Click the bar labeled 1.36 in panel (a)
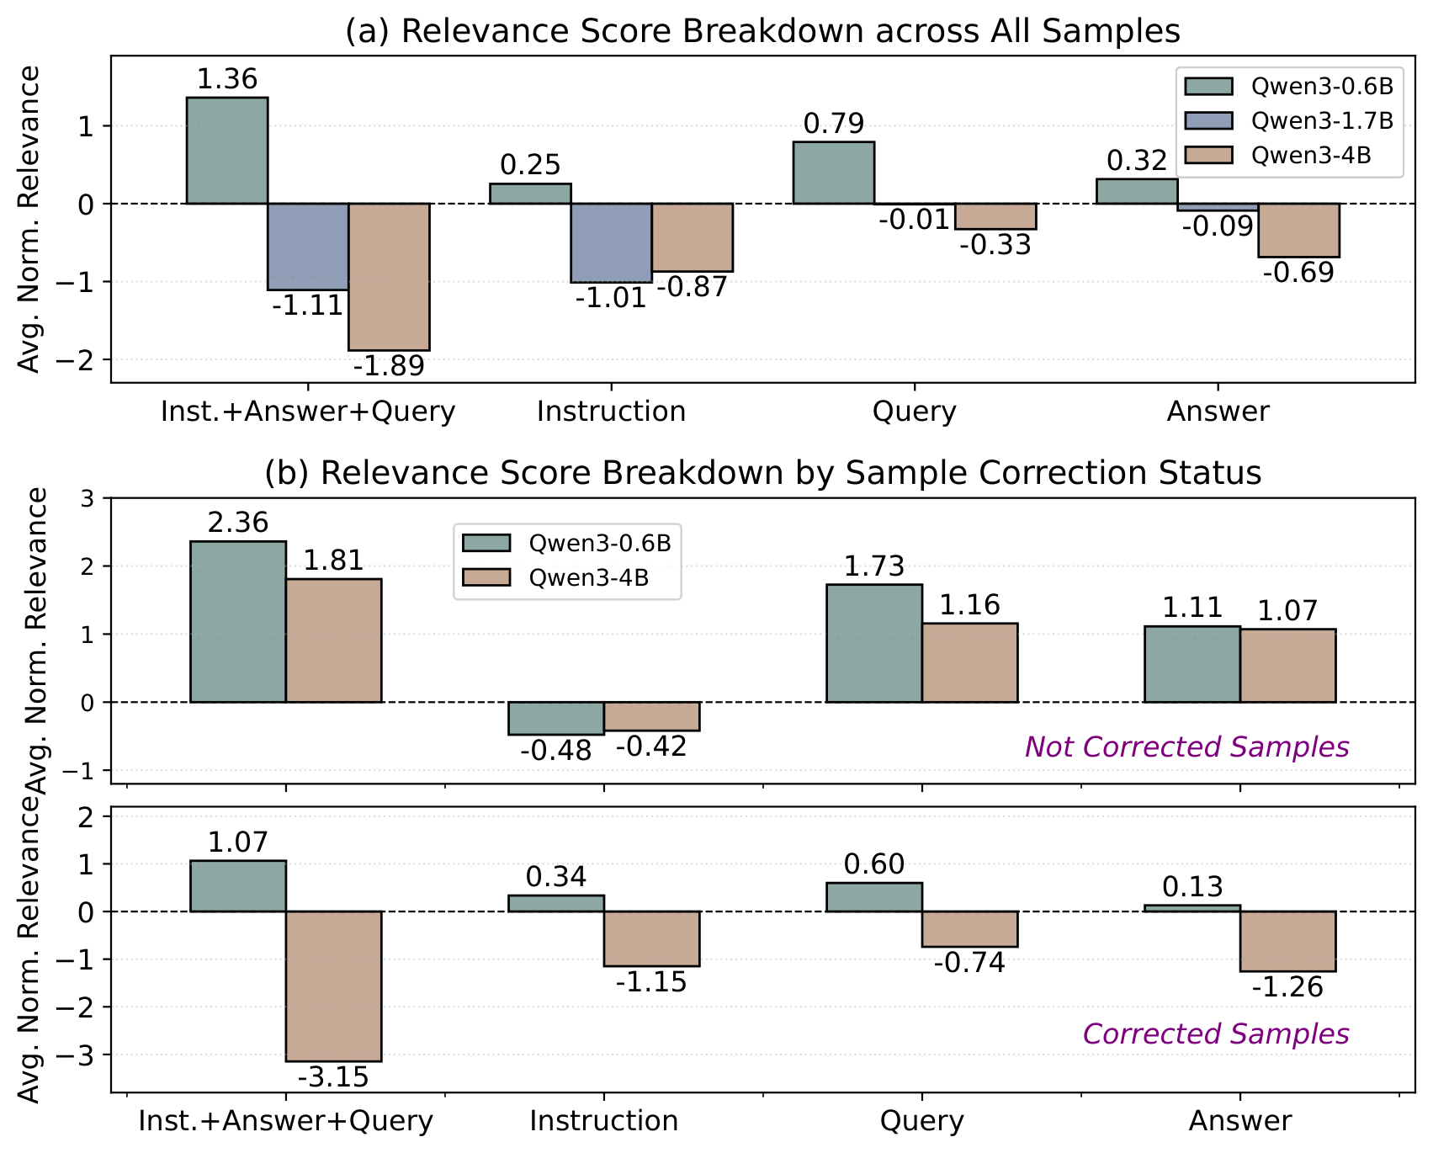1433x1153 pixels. point(226,151)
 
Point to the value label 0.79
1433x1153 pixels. point(833,125)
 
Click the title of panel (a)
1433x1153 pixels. point(762,31)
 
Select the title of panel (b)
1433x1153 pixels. point(762,473)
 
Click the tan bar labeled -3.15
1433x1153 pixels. point(333,986)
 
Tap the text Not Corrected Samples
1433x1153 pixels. point(1186,747)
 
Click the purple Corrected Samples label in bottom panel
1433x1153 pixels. point(1216,1034)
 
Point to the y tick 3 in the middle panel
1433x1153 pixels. point(88,498)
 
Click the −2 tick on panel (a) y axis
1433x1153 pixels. point(77,360)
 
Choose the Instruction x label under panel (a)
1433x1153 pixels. point(611,412)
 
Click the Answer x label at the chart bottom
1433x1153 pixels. point(1239,1122)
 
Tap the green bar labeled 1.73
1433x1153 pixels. point(874,643)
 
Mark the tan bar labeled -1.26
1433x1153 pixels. point(1287,941)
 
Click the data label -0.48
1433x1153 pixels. point(556,751)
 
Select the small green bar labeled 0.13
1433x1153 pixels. point(1192,908)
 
